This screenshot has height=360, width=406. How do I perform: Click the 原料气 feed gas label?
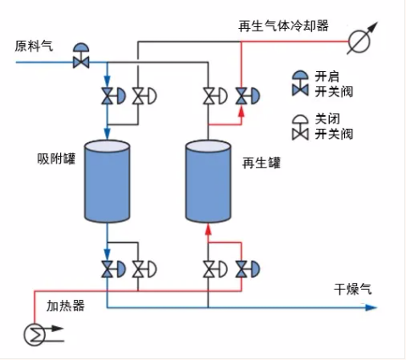pyautogui.click(x=34, y=47)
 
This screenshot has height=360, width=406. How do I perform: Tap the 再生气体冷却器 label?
pyautogui.click(x=283, y=26)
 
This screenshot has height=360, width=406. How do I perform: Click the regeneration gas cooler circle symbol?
pyautogui.click(x=359, y=42)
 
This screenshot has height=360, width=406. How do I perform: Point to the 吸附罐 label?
pyautogui.click(x=57, y=158)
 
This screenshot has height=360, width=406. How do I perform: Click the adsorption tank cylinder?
pyautogui.click(x=107, y=181)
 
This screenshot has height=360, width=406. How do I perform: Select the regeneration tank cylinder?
pyautogui.click(x=209, y=181)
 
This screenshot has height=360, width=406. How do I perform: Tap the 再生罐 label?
pyautogui.click(x=262, y=163)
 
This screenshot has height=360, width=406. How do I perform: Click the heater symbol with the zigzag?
pyautogui.click(x=35, y=335)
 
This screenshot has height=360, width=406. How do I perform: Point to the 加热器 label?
pyautogui.click(x=65, y=306)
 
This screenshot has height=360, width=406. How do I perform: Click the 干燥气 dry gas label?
pyautogui.click(x=353, y=289)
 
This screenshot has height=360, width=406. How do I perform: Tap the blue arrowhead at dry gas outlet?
pyautogui.click(x=371, y=307)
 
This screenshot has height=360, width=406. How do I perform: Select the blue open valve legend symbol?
pyautogui.click(x=300, y=83)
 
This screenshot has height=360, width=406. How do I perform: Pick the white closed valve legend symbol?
pyautogui.click(x=300, y=127)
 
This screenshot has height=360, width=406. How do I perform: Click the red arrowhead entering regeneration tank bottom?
pyautogui.click(x=209, y=229)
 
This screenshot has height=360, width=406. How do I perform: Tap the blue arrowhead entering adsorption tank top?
pyautogui.click(x=107, y=134)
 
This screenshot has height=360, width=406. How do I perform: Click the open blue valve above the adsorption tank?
pyautogui.click(x=114, y=96)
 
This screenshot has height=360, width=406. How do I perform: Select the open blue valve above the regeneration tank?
pyautogui.click(x=247, y=96)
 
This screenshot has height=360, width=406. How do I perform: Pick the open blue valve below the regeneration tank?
pyautogui.click(x=247, y=269)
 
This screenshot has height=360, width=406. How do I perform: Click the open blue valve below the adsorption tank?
pyautogui.click(x=114, y=269)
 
